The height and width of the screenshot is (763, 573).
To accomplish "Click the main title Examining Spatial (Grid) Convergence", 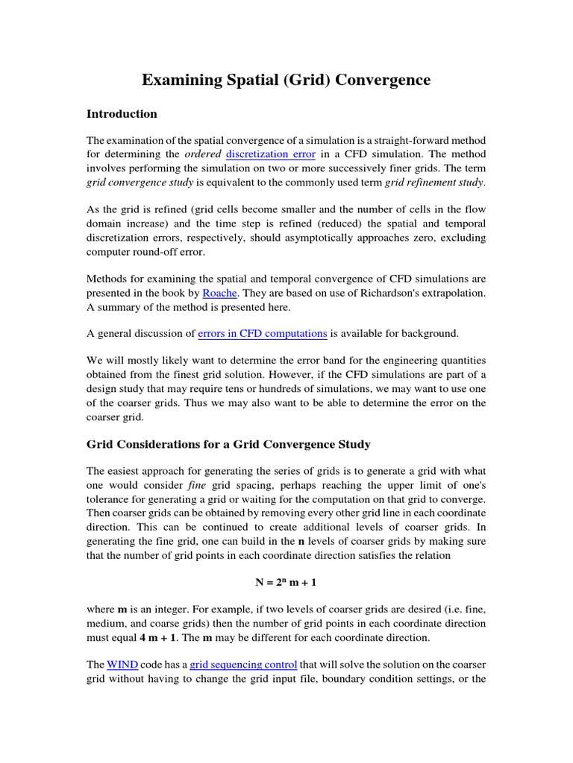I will (x=286, y=80).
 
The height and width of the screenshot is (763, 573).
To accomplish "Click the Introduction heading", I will (x=122, y=114).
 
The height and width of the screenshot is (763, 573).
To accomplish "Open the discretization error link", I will (x=271, y=154).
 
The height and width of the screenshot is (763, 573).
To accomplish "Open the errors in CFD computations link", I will (x=262, y=335).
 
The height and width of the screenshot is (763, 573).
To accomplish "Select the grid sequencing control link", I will (x=243, y=664).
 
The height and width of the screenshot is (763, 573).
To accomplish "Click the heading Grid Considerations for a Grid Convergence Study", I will (x=228, y=445).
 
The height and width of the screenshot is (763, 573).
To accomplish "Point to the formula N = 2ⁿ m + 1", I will (x=286, y=580).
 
